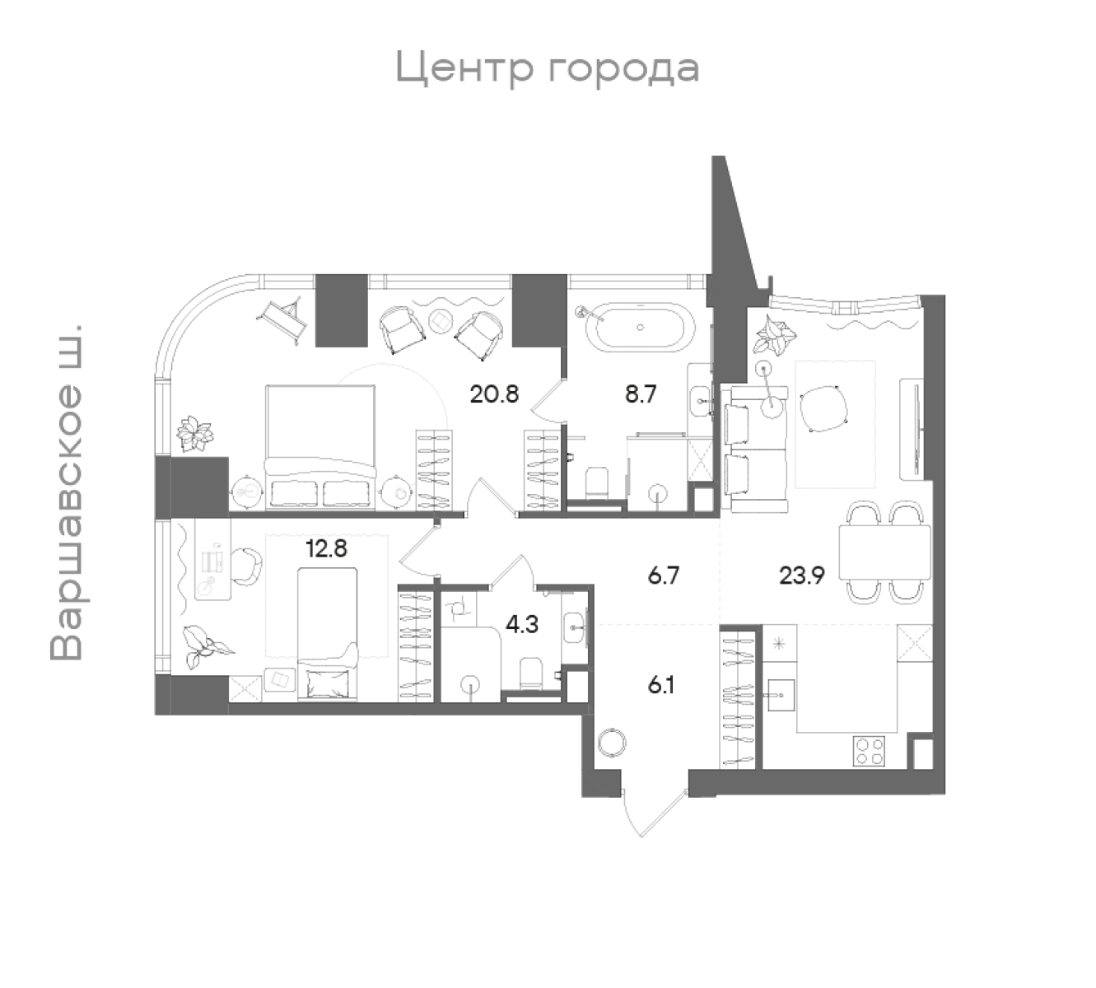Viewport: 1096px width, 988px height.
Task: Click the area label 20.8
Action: click(494, 394)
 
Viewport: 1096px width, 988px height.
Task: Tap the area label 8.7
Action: click(641, 394)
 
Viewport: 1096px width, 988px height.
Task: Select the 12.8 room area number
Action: click(326, 548)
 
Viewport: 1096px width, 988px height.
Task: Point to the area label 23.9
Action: click(801, 576)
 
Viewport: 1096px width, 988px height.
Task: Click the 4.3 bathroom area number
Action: click(522, 623)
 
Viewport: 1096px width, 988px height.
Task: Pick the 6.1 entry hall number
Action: click(661, 685)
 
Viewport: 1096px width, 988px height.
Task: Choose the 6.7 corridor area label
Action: click(664, 576)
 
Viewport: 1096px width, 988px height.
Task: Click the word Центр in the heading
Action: click(464, 68)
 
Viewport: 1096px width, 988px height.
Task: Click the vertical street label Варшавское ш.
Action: click(67, 492)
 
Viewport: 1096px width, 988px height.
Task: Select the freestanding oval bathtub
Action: click(640, 328)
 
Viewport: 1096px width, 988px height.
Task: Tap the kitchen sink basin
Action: click(781, 695)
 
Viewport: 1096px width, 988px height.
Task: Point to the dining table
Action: click(884, 552)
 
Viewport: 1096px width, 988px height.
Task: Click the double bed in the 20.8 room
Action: click(320, 447)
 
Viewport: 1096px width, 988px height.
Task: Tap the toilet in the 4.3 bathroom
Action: click(530, 673)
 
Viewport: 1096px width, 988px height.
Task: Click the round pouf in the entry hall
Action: click(612, 743)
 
